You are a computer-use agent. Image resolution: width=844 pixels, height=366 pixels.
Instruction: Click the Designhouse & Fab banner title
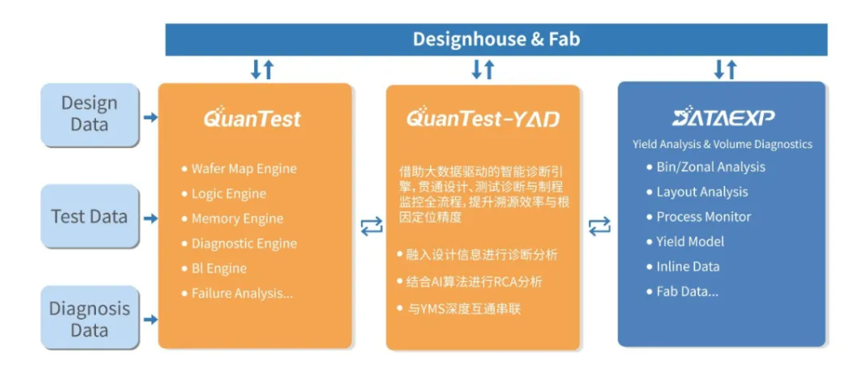[x=496, y=39]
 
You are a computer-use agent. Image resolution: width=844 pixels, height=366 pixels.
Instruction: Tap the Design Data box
[x=89, y=114]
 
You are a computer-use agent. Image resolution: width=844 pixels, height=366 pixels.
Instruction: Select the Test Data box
[x=89, y=216]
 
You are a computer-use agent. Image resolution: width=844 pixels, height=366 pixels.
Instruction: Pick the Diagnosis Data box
[x=89, y=319]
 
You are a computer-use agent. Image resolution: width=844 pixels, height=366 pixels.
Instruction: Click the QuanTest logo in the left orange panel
[x=252, y=118]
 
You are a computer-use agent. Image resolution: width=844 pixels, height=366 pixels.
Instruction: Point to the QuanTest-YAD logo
[x=482, y=118]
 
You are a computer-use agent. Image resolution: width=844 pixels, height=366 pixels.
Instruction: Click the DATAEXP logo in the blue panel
[x=723, y=117]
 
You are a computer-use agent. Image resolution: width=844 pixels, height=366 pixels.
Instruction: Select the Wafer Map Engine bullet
[x=243, y=168]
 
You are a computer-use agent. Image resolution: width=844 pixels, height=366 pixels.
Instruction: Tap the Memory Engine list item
[x=236, y=219]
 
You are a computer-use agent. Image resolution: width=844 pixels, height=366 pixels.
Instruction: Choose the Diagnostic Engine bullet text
[x=243, y=243]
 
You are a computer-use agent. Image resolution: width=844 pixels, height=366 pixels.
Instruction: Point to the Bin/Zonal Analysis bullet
[x=710, y=167]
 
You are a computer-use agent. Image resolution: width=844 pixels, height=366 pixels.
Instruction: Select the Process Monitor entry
[x=703, y=216]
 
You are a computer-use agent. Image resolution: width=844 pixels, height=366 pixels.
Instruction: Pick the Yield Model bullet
[x=690, y=241]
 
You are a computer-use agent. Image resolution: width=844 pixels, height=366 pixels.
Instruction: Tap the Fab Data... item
[x=687, y=291]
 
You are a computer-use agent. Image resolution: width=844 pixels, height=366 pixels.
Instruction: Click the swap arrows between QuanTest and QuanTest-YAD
[x=370, y=225]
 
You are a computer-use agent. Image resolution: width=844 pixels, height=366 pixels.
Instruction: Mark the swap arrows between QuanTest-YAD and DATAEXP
[x=599, y=225]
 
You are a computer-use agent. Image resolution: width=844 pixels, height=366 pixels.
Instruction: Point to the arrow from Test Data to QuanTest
[x=150, y=219]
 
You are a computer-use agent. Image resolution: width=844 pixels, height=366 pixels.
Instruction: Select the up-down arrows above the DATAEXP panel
[x=725, y=69]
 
